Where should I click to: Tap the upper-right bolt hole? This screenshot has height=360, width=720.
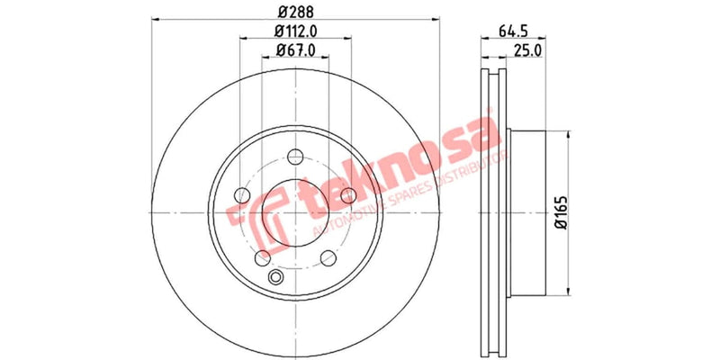point(348,196)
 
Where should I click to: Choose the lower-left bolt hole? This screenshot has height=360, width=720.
point(262,258)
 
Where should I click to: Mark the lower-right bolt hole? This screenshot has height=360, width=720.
point(328,258)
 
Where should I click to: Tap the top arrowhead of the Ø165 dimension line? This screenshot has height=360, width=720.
point(568,135)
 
